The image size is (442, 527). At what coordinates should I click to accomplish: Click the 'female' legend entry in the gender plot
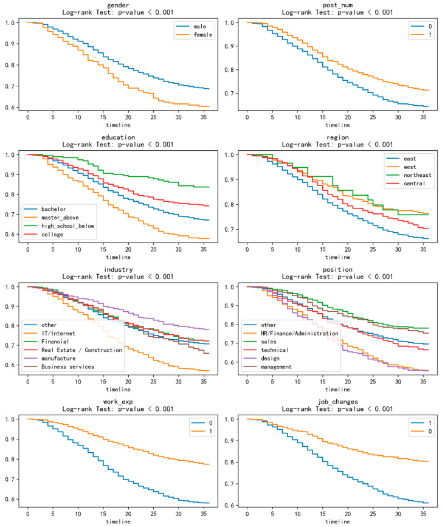202,35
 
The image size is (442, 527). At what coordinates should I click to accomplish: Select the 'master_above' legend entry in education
60,218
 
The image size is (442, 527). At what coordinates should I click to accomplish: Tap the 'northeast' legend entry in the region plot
417,175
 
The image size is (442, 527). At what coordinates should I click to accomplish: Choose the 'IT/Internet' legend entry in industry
58,333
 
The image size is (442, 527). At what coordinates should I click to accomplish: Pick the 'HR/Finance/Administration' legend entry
300,333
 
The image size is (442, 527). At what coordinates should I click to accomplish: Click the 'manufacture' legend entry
58,358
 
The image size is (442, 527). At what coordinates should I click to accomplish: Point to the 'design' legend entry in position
270,358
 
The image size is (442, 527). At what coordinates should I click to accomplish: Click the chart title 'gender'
118,5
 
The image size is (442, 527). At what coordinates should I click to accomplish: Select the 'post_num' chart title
337,5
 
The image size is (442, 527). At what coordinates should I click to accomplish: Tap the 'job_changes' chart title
337,402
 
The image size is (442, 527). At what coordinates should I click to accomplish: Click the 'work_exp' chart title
118,402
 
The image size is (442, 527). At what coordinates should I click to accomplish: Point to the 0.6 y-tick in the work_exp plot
10,499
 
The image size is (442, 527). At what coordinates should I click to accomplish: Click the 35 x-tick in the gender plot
204,117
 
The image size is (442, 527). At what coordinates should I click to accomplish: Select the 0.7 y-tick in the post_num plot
229,93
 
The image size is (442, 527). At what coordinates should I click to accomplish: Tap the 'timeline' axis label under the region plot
337,257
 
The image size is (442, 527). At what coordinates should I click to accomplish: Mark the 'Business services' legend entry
67,367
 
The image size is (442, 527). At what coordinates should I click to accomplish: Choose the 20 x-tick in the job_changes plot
348,514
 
